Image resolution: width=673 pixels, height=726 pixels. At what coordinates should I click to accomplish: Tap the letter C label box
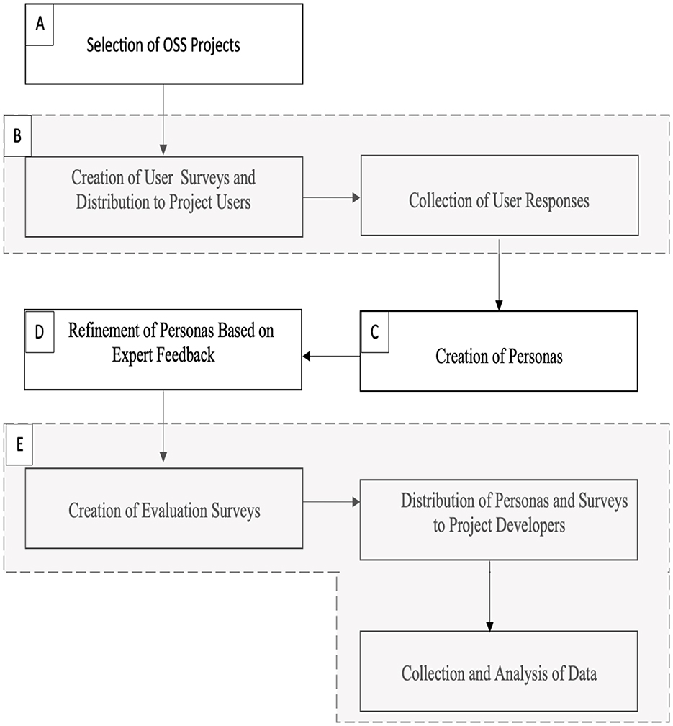(374, 331)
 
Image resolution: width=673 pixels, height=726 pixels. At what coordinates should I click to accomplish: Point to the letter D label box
(39, 331)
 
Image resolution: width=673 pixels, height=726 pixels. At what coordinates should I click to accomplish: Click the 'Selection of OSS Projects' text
(163, 45)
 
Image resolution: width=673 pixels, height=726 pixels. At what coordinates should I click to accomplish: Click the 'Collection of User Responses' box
(499, 200)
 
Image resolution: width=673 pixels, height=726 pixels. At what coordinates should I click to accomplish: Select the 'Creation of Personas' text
(499, 357)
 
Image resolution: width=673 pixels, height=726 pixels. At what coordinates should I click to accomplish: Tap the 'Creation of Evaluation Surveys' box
(164, 511)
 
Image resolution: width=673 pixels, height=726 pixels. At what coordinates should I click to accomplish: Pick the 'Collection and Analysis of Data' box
(499, 673)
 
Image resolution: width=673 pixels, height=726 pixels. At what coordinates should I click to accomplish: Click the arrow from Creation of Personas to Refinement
(331, 356)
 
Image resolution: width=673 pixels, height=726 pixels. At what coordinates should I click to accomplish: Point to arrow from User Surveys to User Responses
(331, 194)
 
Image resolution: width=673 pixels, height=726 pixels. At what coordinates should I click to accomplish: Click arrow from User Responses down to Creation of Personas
(498, 273)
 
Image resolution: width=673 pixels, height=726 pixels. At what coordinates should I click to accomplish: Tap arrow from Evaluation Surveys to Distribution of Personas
(331, 502)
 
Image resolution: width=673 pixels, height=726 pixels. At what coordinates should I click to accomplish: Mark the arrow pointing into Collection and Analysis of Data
(490, 595)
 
